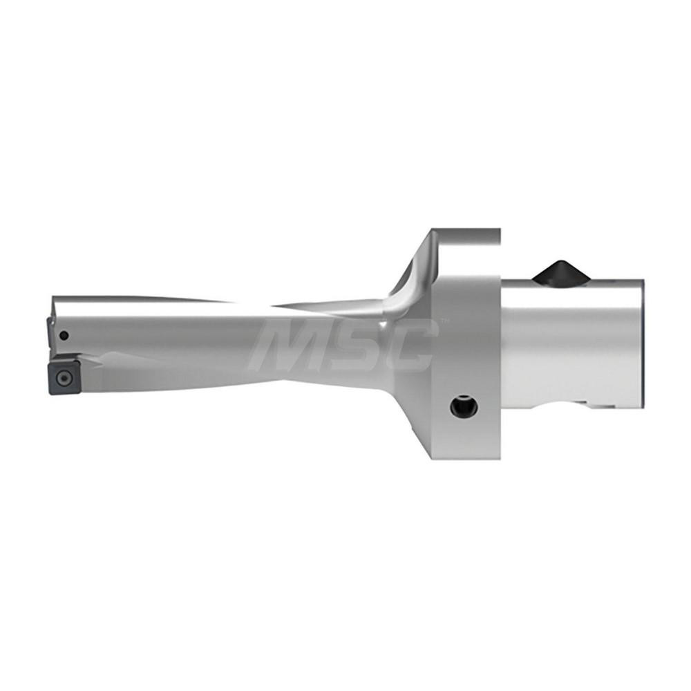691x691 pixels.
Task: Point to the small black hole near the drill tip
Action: (64, 337)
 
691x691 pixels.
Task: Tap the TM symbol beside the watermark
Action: (444, 322)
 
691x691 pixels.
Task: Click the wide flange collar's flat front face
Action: (470, 345)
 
